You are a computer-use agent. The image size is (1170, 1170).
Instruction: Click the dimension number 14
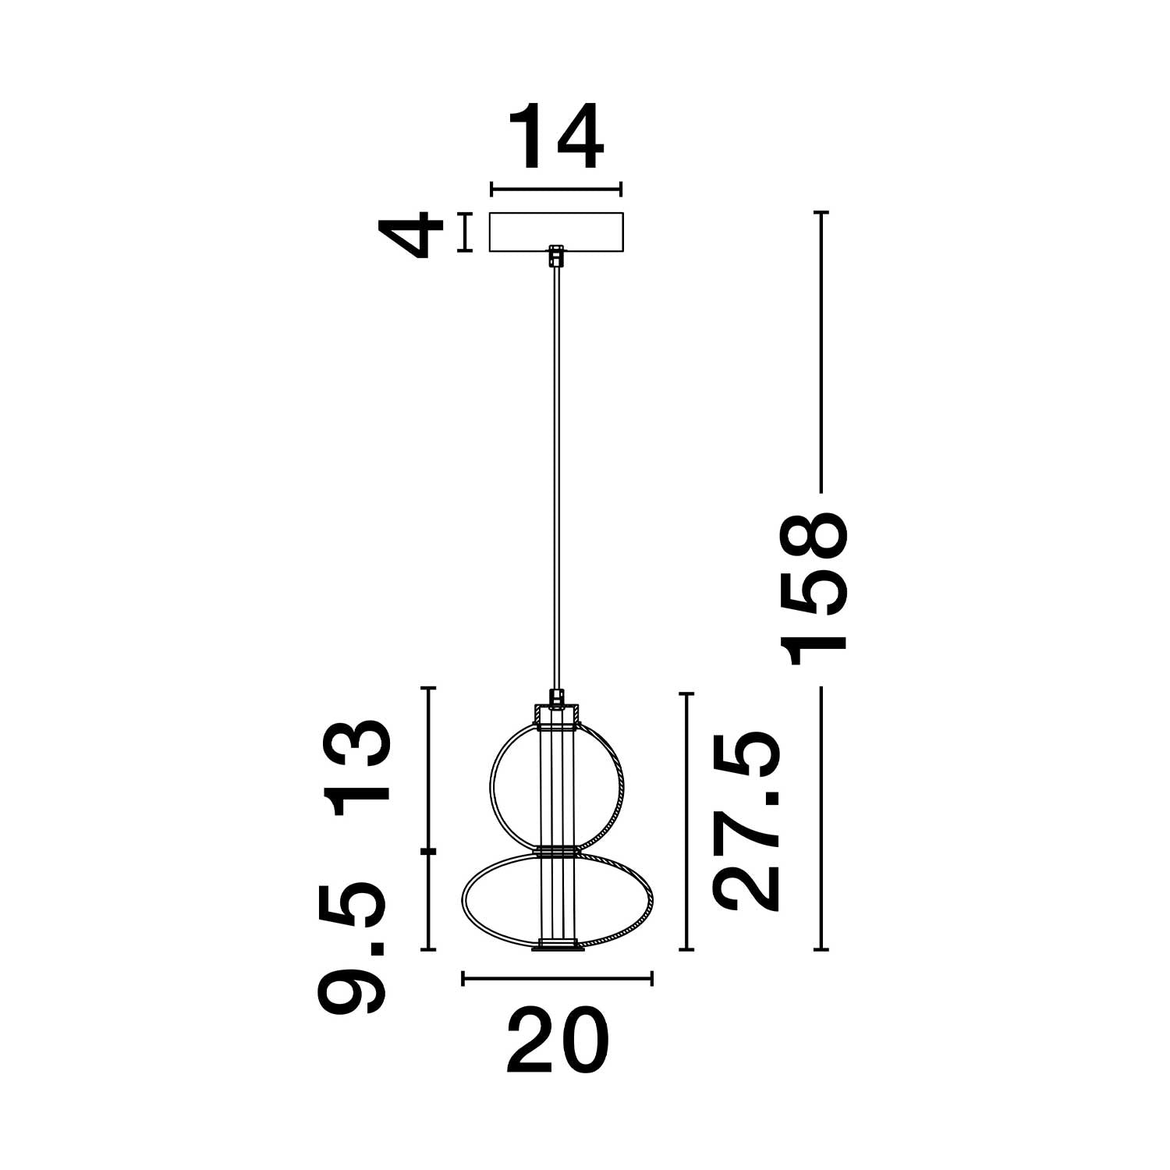(x=556, y=137)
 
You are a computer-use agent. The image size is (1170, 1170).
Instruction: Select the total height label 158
(x=817, y=590)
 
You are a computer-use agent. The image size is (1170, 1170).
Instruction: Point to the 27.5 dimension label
(x=747, y=821)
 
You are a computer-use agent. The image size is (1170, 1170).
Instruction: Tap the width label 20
(x=556, y=1042)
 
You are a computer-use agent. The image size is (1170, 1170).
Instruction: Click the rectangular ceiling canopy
(x=556, y=232)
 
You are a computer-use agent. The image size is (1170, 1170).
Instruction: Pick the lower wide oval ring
(x=468, y=897)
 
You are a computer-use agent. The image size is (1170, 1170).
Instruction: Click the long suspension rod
(x=555, y=468)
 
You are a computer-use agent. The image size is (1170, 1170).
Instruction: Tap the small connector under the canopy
(x=555, y=256)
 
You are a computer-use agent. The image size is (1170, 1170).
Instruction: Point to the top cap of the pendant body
(x=556, y=714)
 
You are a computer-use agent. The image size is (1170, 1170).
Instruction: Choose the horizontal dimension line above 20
(x=556, y=978)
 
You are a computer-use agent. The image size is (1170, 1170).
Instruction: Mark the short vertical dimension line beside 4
(x=466, y=232)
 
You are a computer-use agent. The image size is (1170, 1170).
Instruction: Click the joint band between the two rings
(x=556, y=850)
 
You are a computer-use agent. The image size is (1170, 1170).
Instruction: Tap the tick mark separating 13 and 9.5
(x=427, y=850)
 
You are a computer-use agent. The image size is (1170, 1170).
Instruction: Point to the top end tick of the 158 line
(x=821, y=212)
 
